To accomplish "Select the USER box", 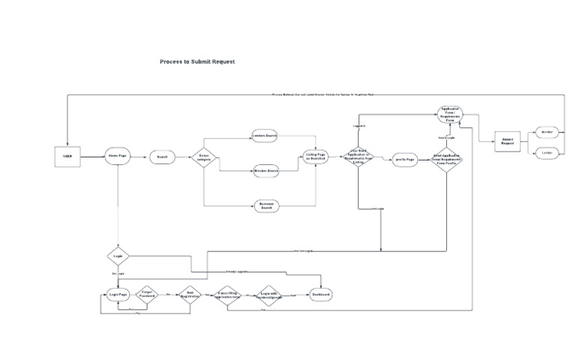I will coord(67,156).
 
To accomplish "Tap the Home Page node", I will coord(118,156).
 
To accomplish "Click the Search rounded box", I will coord(162,157).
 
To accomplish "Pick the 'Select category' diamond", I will coord(204,157).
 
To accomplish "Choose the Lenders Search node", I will coord(265,136).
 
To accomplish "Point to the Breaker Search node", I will coord(266,171).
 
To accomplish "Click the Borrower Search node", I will coord(266,205).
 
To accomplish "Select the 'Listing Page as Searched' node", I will coord(316,157).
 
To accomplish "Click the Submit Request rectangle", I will coord(507,141).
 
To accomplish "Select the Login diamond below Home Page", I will coord(118,256).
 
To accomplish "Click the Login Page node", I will coord(118,295).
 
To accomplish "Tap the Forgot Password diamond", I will coord(148,295).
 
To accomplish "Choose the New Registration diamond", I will coord(190,295).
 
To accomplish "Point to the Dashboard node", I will coord(320,295).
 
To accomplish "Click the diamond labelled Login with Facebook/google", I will coord(271,295).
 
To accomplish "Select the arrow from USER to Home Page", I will coord(93,157).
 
